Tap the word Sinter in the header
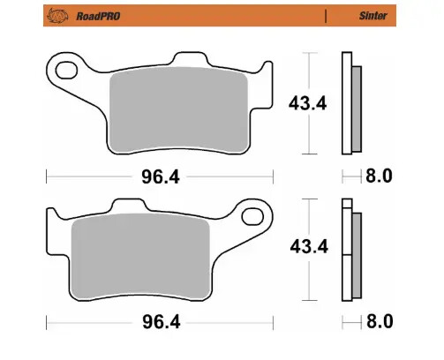(x=370, y=15)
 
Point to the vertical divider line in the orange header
(x=326, y=15)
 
